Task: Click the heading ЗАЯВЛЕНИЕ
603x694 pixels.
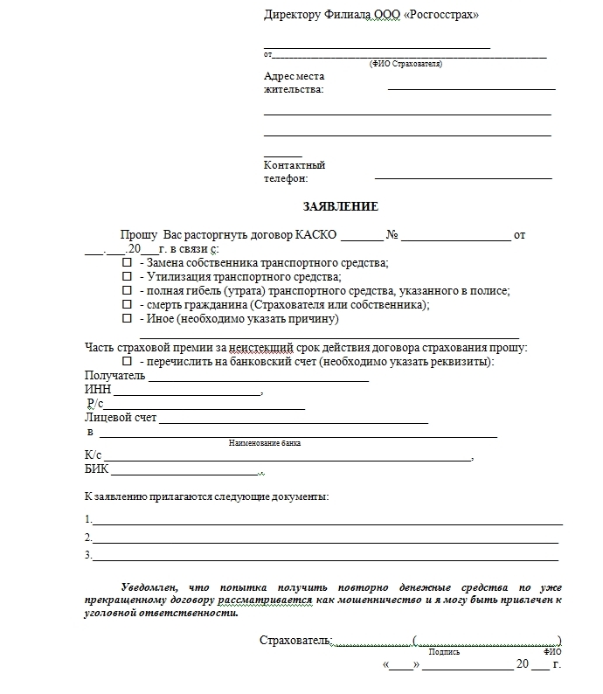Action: [x=340, y=207]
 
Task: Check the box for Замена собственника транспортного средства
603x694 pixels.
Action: [x=128, y=262]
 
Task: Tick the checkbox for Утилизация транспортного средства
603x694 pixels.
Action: [x=128, y=276]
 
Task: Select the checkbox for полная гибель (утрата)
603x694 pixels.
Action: [x=128, y=290]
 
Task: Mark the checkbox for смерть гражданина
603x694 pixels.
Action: [x=128, y=304]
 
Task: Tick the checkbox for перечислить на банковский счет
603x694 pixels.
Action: [x=128, y=361]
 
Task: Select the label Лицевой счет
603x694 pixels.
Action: [x=121, y=418]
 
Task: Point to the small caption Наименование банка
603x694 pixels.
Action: [x=265, y=443]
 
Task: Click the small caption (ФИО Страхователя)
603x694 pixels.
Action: [x=405, y=64]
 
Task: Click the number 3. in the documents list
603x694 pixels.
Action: [x=88, y=555]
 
